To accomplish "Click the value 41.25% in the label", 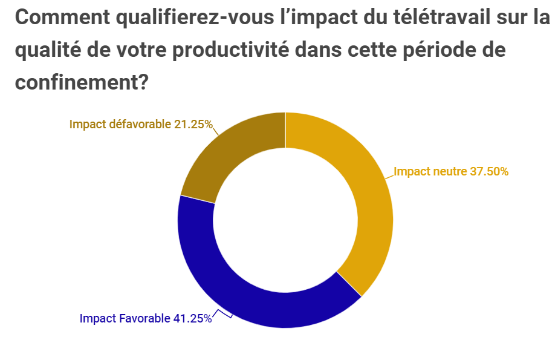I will point(192,318).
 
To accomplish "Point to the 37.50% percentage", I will point(489,171).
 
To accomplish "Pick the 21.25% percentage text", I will point(193,125).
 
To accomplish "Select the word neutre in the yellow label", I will point(447,171).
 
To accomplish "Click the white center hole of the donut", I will point(285,220).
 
